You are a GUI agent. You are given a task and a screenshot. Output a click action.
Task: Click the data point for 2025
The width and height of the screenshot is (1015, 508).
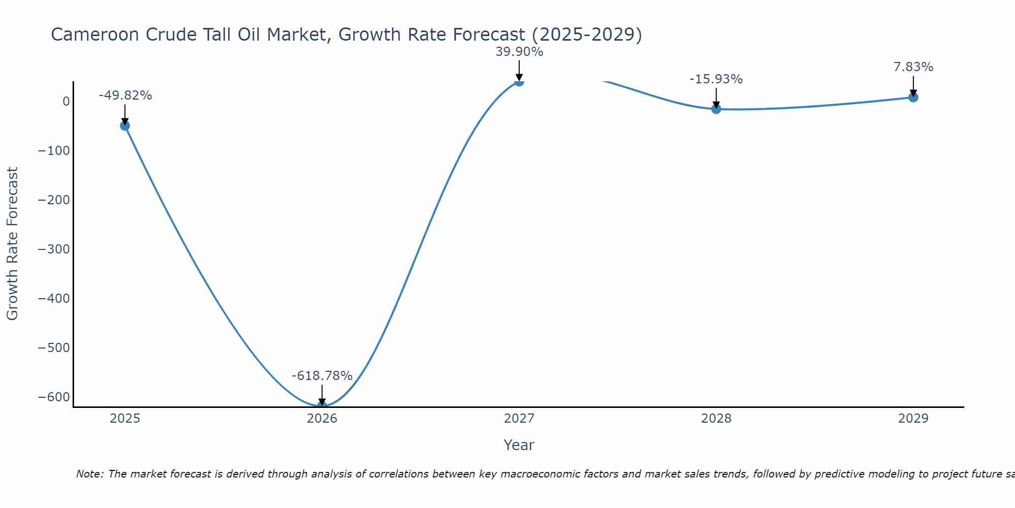pos(125,125)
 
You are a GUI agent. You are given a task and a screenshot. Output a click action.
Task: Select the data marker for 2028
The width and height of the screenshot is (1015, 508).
pos(716,109)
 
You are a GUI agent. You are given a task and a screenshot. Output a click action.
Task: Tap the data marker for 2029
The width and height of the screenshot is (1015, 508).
pos(913,97)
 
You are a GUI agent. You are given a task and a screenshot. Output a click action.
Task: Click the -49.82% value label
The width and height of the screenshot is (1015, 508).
pos(125,96)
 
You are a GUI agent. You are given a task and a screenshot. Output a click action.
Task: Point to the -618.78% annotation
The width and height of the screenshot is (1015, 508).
pos(322,376)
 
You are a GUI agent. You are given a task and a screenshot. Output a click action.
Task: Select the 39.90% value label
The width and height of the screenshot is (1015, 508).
pos(519,52)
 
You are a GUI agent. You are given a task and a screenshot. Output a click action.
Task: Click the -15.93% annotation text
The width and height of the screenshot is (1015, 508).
pos(716,79)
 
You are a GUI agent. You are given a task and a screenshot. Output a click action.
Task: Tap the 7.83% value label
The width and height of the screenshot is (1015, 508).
pos(913,67)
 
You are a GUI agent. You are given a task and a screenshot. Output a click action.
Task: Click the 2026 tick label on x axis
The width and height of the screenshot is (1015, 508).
pos(322,419)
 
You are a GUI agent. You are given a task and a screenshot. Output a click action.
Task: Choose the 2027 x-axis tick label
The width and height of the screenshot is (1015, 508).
pos(519,419)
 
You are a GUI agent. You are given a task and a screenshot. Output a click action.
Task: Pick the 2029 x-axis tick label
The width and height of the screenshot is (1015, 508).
pos(913,419)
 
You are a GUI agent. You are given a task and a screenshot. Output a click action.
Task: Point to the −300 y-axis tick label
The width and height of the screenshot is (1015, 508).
pos(54,249)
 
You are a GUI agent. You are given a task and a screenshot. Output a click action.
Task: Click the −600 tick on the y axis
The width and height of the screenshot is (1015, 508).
pos(54,397)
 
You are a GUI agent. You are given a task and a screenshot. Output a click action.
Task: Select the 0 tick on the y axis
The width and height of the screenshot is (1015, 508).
pos(66,101)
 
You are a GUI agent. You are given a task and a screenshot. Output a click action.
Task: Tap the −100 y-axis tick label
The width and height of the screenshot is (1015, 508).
pos(54,150)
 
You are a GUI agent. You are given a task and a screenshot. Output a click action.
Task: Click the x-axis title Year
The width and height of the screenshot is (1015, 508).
pos(519,445)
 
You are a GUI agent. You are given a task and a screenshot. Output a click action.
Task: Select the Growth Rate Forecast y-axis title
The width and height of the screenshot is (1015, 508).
pos(12,243)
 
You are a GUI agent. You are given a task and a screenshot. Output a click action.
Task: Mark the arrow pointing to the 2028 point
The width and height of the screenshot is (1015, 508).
pos(716,98)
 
